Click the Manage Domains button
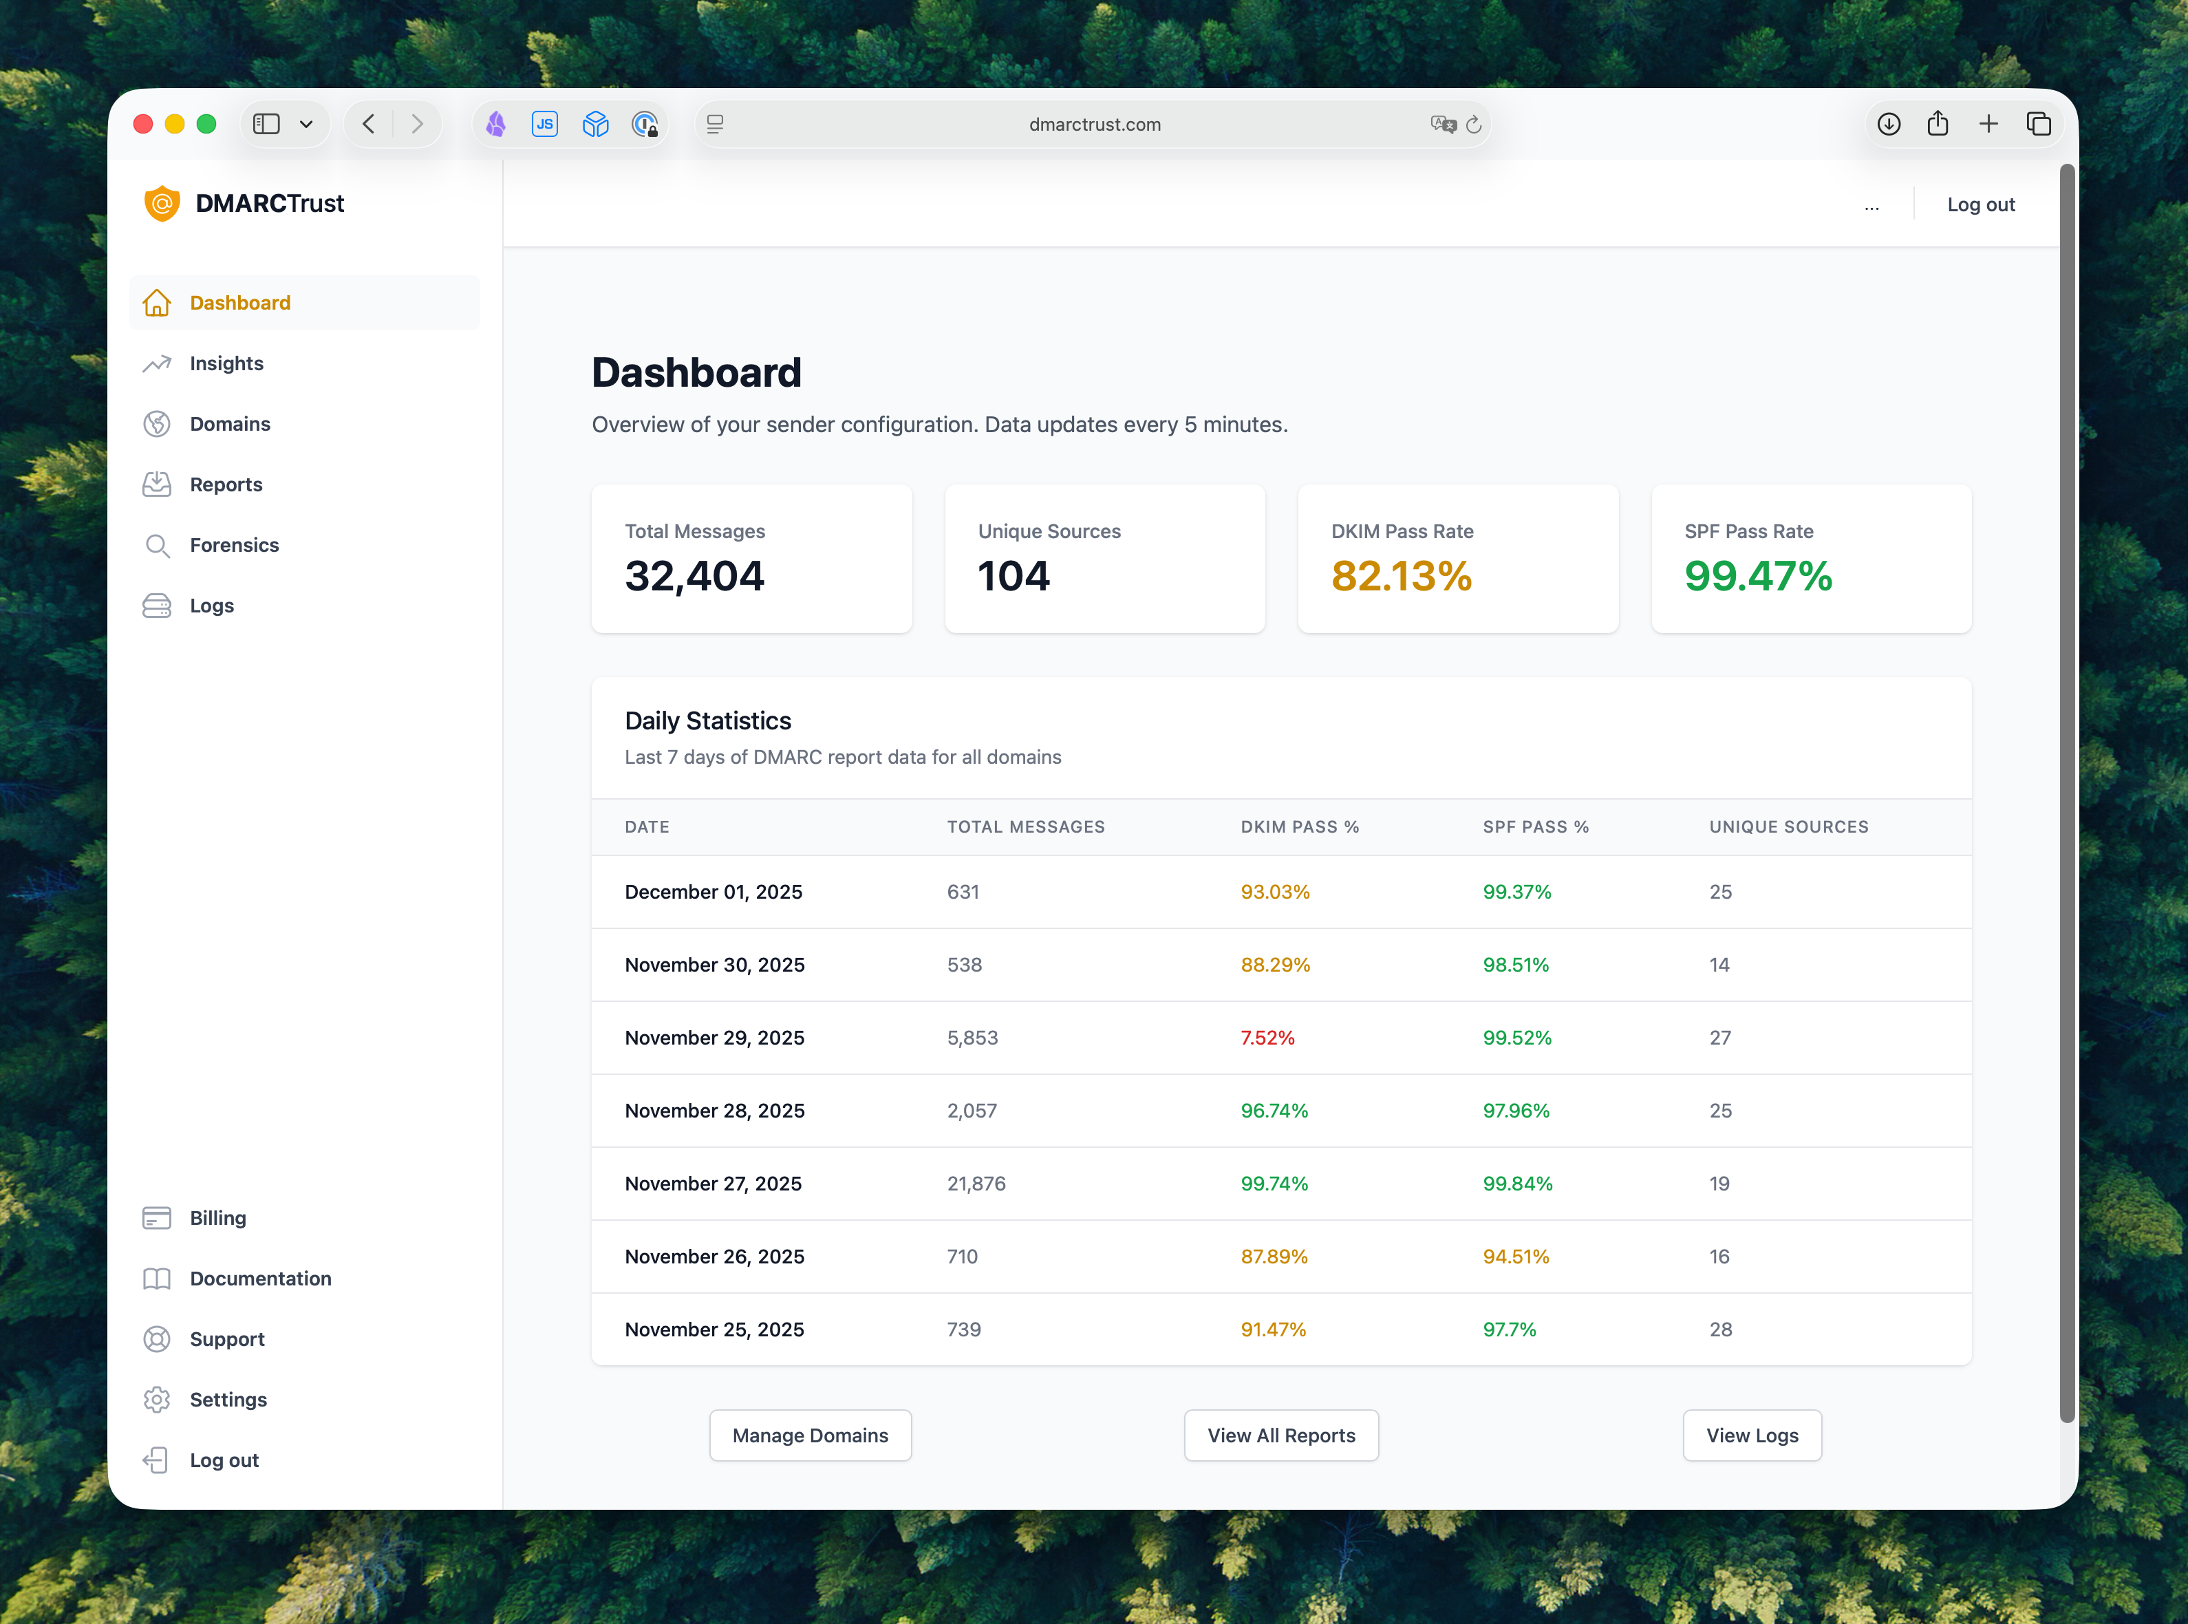pyautogui.click(x=810, y=1435)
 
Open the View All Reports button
pyautogui.click(x=1280, y=1435)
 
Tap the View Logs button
pyautogui.click(x=1752, y=1435)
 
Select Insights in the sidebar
pyautogui.click(x=226, y=364)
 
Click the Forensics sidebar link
pyautogui.click(x=234, y=544)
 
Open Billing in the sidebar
pyautogui.click(x=217, y=1218)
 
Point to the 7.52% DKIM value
pyautogui.click(x=1267, y=1038)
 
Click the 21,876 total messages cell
pyautogui.click(x=976, y=1184)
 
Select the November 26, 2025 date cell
pyautogui.click(x=715, y=1257)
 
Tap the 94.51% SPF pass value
pyautogui.click(x=1516, y=1257)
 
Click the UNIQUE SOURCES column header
pyautogui.click(x=1788, y=826)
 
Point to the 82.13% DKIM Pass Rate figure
pyautogui.click(x=1401, y=576)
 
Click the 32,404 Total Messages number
pyautogui.click(x=694, y=576)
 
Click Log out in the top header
pyautogui.click(x=1981, y=204)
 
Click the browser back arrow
pyautogui.click(x=369, y=124)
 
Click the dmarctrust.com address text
pyautogui.click(x=1094, y=125)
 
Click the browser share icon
pyautogui.click(x=1938, y=124)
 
